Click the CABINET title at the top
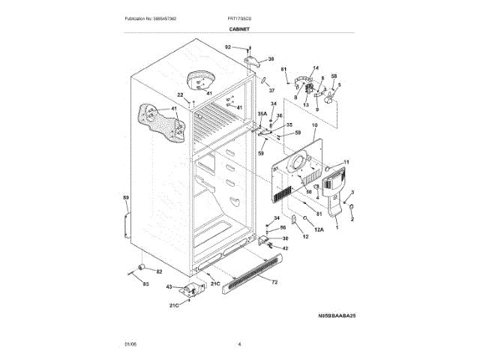coord(239,28)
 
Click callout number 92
coord(228,47)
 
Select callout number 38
coord(271,58)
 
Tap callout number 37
coord(273,88)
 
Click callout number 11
coord(346,162)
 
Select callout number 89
coord(126,198)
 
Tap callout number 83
coord(146,284)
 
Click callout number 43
coord(169,287)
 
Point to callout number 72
coord(274,282)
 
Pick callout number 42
coord(286,247)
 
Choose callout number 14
coord(316,67)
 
